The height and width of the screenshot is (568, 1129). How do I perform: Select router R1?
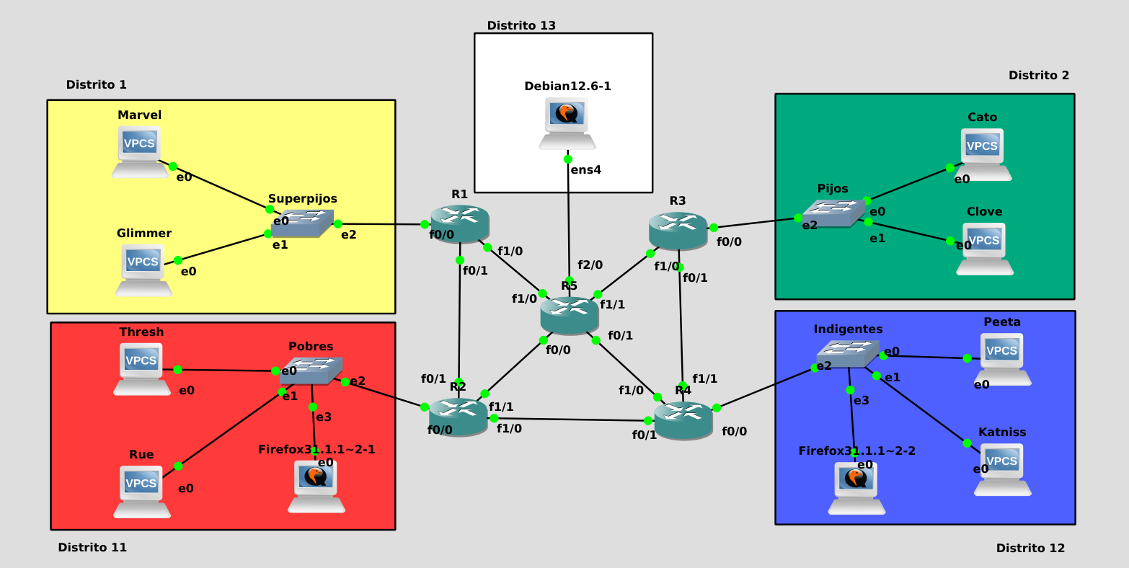click(x=460, y=223)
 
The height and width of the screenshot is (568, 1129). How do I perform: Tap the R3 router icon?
click(x=678, y=231)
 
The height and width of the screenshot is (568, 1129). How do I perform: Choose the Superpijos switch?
click(x=303, y=223)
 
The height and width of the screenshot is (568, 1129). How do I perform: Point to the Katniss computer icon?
click(x=1002, y=469)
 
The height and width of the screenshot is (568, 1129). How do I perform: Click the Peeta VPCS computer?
click(x=1002, y=358)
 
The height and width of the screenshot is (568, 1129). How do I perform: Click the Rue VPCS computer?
click(x=141, y=491)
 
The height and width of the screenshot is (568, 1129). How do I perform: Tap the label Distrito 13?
click(x=521, y=26)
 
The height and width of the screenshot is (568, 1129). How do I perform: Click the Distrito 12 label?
click(x=1030, y=549)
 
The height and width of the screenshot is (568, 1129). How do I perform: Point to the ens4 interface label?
click(x=585, y=171)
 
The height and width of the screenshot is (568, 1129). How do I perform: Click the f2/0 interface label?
click(x=590, y=265)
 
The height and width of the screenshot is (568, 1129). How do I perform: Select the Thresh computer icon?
click(x=141, y=368)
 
